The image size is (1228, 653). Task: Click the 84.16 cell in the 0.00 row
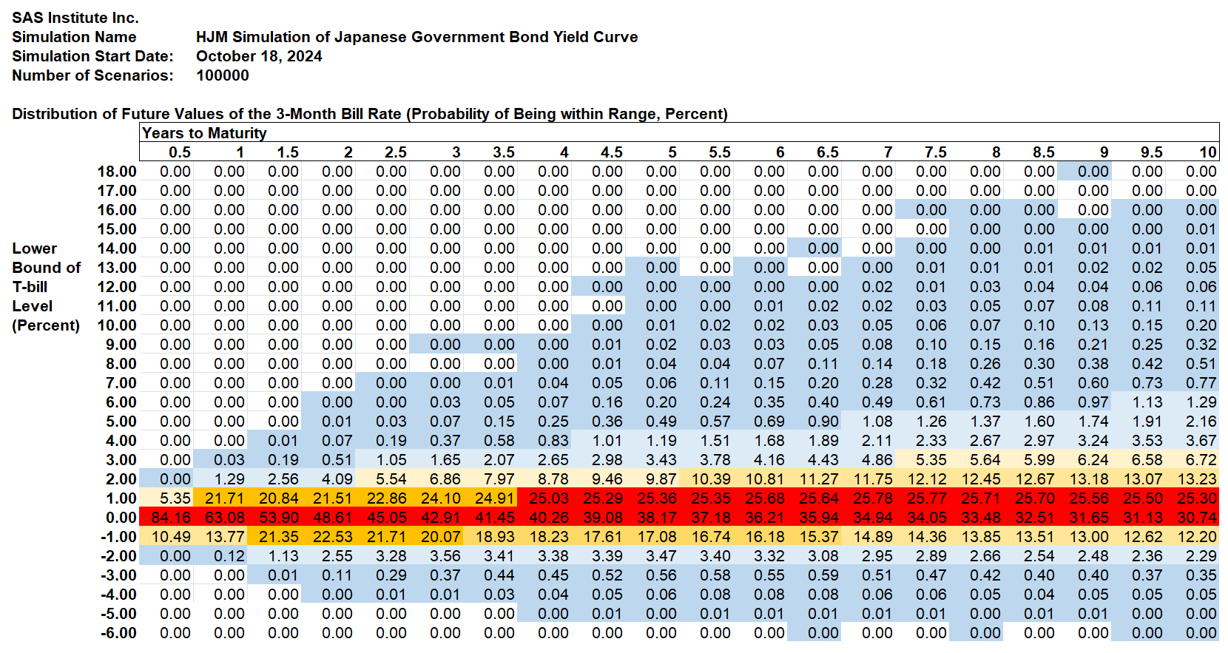[x=171, y=518]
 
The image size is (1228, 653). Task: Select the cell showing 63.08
[x=225, y=518]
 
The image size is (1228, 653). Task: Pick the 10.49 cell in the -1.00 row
[x=171, y=537]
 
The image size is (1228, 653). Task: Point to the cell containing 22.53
[x=333, y=537]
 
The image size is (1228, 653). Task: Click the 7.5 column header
[x=935, y=152]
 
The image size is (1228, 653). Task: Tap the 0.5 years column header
[x=179, y=152]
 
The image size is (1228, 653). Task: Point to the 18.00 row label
[x=117, y=172]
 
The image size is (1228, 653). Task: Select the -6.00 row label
[x=118, y=633]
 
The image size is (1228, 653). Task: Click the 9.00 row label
[x=121, y=345]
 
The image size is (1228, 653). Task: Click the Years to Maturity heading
[x=204, y=133]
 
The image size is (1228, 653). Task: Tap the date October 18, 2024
[x=259, y=56]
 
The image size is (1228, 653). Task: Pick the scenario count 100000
[x=222, y=75]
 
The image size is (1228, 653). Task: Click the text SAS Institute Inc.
[x=75, y=18]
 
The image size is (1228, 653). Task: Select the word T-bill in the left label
[x=30, y=287]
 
